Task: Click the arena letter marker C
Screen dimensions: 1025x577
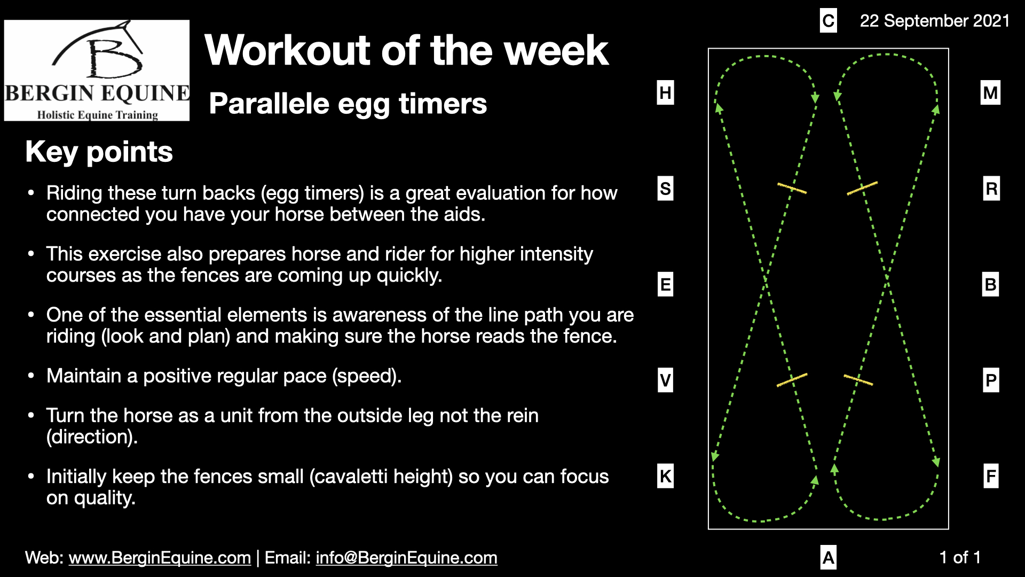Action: (x=828, y=21)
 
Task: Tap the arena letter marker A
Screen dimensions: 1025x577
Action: (x=828, y=557)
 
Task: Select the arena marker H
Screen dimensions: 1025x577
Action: (x=665, y=92)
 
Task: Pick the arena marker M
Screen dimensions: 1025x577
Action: (x=990, y=93)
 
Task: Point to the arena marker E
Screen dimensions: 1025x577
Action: (x=665, y=284)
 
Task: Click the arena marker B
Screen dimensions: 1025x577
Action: (x=990, y=284)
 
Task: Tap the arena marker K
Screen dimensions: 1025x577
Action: (x=665, y=476)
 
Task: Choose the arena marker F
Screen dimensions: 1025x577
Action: (x=991, y=476)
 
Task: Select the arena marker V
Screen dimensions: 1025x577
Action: (x=665, y=380)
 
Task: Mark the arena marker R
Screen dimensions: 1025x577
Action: (x=991, y=189)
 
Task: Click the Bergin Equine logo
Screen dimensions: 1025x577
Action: (x=97, y=71)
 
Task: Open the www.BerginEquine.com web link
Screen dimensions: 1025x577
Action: (x=160, y=558)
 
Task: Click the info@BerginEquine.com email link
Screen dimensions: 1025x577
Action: (x=406, y=558)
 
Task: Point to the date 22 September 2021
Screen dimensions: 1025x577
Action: (x=934, y=21)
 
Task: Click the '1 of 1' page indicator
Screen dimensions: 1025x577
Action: (x=960, y=558)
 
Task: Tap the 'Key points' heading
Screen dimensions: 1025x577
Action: (x=99, y=152)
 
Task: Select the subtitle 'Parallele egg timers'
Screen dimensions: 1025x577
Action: (x=348, y=104)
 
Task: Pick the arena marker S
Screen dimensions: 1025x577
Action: (x=665, y=189)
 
